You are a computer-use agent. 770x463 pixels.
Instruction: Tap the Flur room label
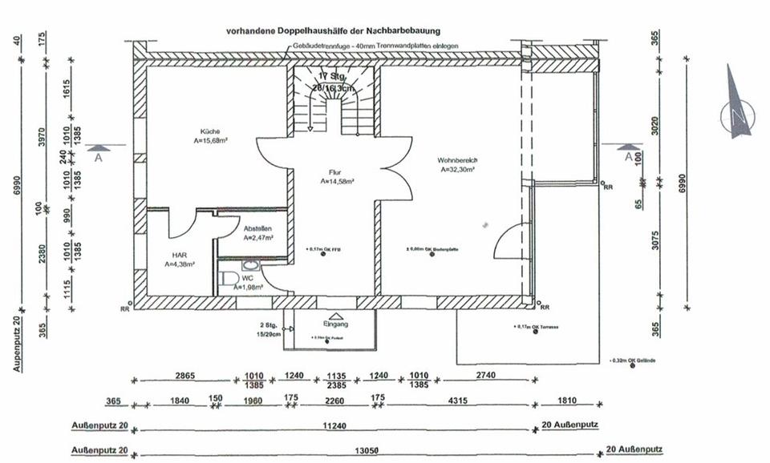coord(334,172)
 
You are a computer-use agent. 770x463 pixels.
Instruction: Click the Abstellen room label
coord(257,227)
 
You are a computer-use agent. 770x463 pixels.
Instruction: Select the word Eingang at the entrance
coord(335,324)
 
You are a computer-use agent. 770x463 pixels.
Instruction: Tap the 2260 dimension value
coord(334,401)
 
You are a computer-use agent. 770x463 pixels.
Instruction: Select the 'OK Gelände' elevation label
coord(635,360)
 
